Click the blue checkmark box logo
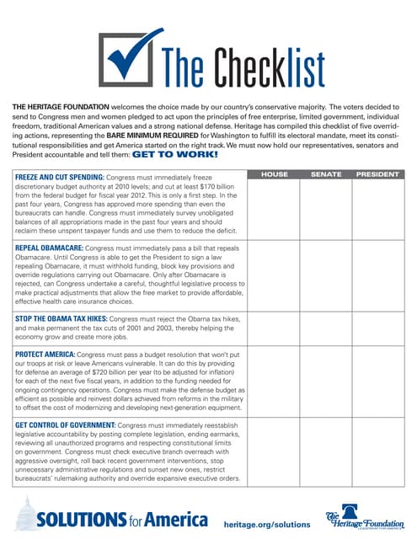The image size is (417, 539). coord(128,58)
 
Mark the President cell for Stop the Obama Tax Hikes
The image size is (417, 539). coord(377,329)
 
